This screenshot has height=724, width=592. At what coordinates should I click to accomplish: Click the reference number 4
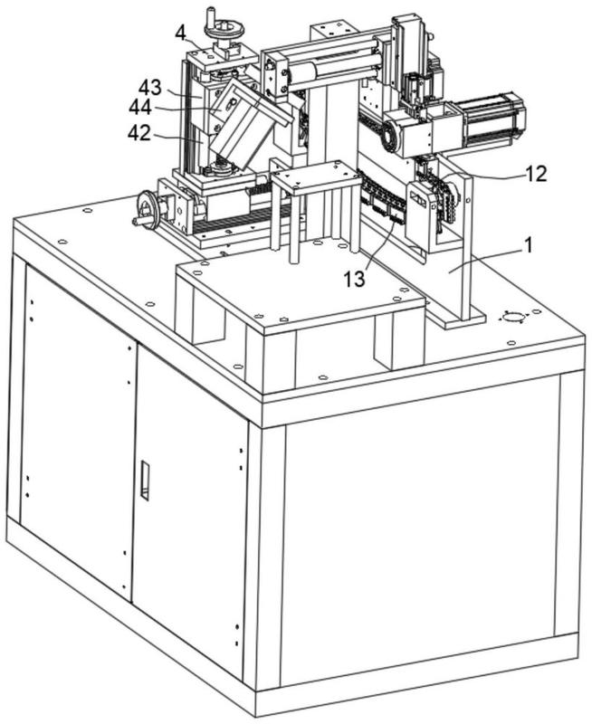[181, 33]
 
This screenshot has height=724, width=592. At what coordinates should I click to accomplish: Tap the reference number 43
[150, 88]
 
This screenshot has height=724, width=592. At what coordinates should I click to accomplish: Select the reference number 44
[140, 108]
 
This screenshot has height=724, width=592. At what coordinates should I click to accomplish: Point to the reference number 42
[139, 133]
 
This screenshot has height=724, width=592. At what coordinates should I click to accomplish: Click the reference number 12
[536, 174]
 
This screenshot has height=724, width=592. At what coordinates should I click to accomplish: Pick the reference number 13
[354, 279]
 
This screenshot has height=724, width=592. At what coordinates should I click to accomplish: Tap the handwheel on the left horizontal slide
[148, 210]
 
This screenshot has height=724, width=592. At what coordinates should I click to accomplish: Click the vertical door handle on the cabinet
[145, 481]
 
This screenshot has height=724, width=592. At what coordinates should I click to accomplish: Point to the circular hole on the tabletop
[514, 318]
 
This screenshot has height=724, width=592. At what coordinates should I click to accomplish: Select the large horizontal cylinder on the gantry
[334, 67]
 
